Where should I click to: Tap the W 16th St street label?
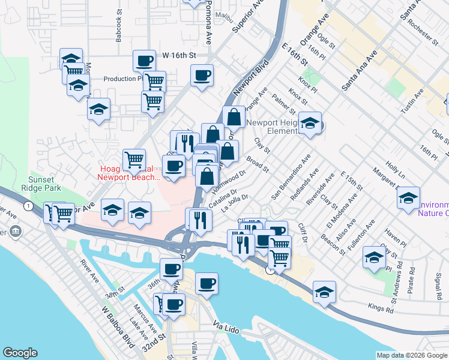(x=179, y=55)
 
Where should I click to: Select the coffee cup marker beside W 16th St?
(x=144, y=61)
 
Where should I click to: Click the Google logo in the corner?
(x=20, y=353)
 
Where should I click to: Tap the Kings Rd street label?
(x=381, y=311)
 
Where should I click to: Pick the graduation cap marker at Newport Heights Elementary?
(x=310, y=124)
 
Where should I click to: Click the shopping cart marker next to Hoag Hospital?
(x=134, y=160)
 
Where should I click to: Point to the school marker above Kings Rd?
(x=324, y=292)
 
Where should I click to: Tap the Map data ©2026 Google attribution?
(x=412, y=355)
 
